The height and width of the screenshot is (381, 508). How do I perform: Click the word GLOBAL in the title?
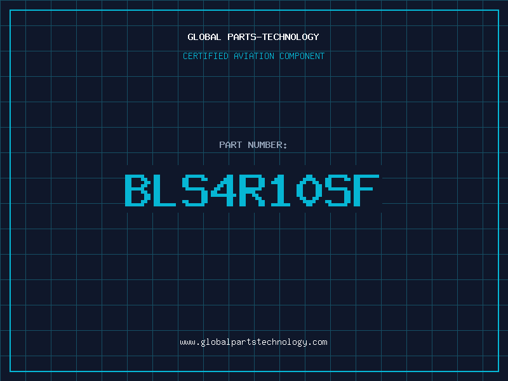[204, 37]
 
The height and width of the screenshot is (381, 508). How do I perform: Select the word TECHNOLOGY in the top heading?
[291, 37]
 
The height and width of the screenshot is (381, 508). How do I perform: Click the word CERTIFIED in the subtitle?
[206, 56]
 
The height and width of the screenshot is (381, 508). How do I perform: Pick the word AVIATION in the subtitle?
[254, 56]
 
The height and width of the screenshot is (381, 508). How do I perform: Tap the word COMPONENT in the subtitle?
[302, 56]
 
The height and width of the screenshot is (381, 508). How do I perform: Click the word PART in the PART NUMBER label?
[231, 145]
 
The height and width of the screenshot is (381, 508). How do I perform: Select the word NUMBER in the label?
[265, 145]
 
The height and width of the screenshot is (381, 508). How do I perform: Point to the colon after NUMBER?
[285, 146]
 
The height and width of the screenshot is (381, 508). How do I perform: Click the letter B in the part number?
[138, 190]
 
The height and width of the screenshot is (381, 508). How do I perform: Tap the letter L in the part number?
[163, 190]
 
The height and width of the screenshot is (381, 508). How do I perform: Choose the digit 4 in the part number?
[224, 190]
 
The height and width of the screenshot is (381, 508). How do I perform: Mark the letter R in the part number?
[252, 190]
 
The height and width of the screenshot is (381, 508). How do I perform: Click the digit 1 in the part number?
[281, 190]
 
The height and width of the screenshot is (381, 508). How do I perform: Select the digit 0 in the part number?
[309, 190]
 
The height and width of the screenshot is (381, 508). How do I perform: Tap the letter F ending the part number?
[366, 190]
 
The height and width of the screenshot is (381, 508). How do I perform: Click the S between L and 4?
[195, 190]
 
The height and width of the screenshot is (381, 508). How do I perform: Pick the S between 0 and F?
[338, 190]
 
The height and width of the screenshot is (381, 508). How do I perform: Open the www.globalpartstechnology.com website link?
[253, 342]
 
